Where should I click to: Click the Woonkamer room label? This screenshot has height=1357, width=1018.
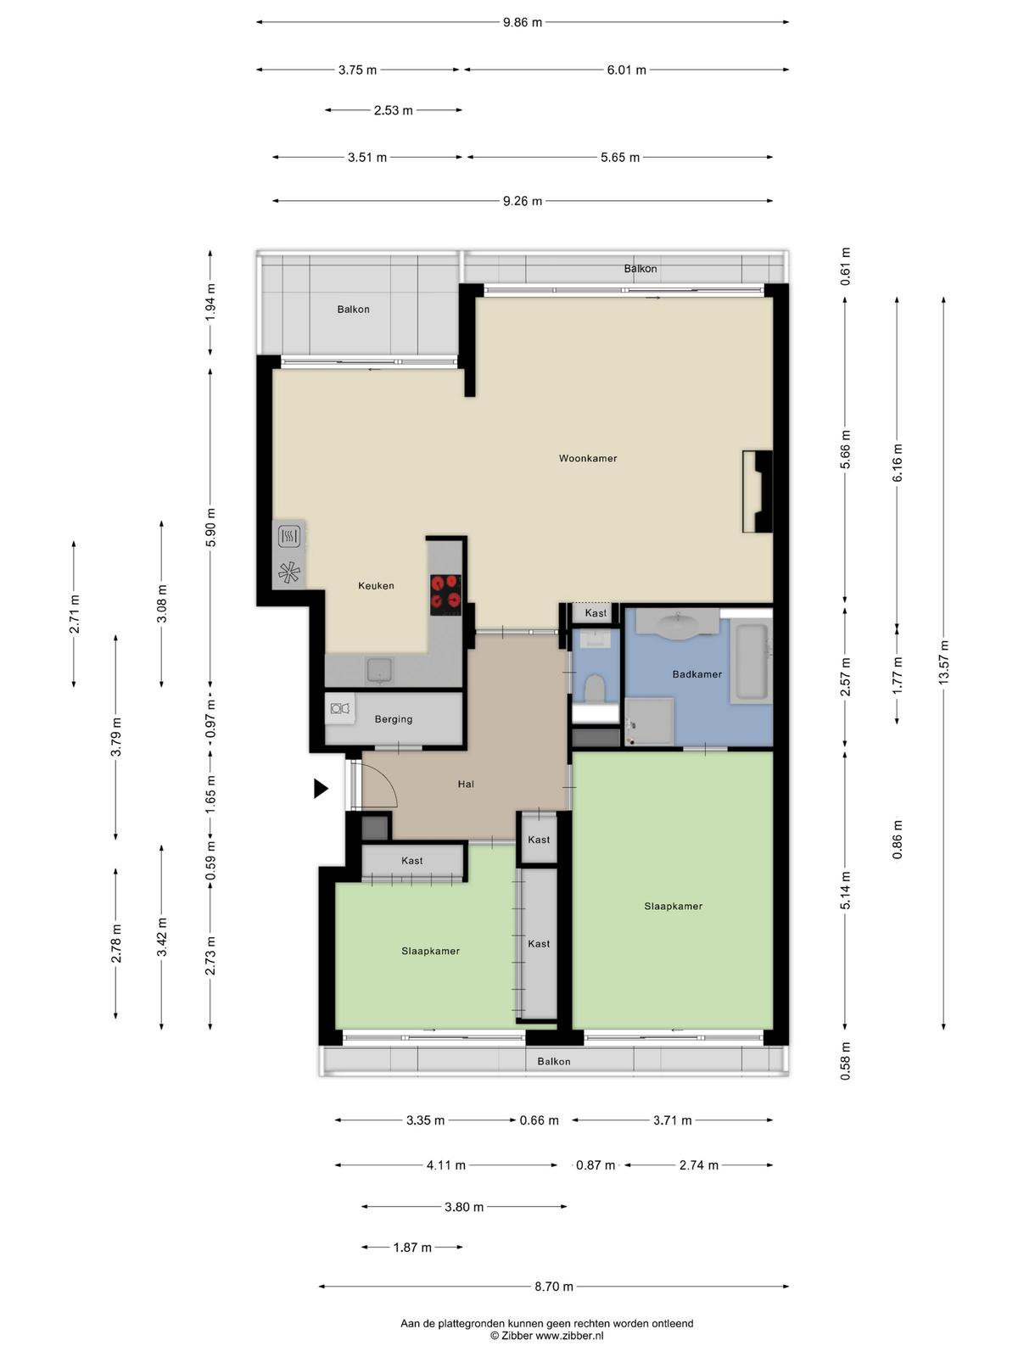(587, 458)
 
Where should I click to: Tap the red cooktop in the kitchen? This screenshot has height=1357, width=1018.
(445, 595)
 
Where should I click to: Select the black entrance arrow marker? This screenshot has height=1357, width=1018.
(321, 788)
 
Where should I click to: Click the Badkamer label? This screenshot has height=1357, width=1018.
(696, 674)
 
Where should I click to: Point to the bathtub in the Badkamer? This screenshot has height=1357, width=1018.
(751, 663)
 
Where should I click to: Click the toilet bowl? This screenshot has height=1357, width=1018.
(595, 689)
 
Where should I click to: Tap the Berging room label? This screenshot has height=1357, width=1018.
(393, 719)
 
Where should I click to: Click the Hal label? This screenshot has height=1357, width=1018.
(466, 784)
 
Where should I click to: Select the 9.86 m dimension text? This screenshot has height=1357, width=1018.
(523, 22)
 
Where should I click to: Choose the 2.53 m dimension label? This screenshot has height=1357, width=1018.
(393, 110)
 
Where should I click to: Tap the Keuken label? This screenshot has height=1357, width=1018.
(376, 585)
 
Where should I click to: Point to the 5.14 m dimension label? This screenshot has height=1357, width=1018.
(845, 891)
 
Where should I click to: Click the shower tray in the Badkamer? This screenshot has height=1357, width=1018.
(649, 721)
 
